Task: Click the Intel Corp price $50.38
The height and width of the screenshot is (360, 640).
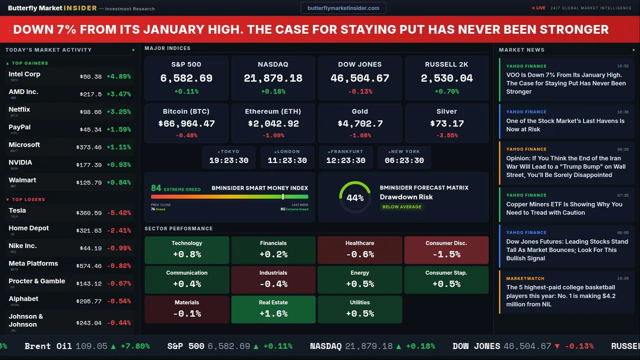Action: coord(90,77)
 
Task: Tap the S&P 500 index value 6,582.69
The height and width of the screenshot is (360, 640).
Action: coord(186,78)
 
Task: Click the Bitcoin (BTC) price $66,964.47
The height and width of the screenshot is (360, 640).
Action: coord(186,123)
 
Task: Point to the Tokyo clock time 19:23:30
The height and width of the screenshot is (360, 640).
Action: coord(228,160)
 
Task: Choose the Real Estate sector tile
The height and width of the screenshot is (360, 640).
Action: coord(273,309)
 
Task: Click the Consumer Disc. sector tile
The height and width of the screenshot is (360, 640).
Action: coord(446,250)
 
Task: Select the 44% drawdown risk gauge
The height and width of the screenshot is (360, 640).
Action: coord(355,197)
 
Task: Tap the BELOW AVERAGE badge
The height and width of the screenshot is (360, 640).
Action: coord(401,207)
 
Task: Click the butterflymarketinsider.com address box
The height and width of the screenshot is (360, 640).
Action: coord(343,8)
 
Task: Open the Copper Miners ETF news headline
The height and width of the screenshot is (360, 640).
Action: coord(564,208)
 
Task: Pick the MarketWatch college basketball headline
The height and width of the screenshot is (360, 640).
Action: coord(560,295)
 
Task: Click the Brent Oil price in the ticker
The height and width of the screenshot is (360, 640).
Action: coord(91,346)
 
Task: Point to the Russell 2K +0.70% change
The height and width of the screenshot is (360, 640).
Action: coord(446,91)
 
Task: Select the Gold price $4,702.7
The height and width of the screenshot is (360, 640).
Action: coord(360,123)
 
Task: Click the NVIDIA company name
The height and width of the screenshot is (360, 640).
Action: coord(20,162)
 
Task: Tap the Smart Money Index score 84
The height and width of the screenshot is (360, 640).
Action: coord(156,188)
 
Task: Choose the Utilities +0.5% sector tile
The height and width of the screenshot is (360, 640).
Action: coord(359,309)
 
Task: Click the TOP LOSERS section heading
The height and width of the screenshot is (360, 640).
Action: coord(28,199)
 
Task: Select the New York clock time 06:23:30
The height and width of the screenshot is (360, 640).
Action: coord(404,160)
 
